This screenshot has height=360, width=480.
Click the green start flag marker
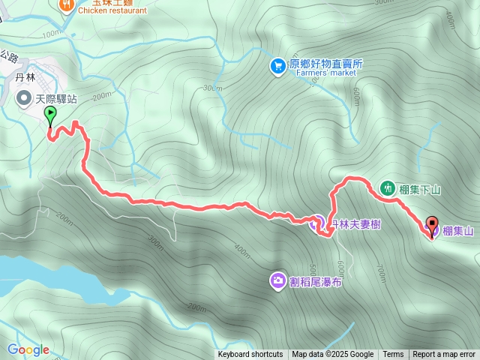click(50, 116)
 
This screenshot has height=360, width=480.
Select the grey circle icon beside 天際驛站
click(25, 97)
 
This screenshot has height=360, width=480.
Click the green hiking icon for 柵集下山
click(388, 188)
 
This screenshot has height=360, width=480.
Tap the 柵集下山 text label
click(420, 189)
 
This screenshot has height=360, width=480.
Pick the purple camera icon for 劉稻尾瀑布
click(277, 280)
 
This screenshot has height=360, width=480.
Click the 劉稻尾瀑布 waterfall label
click(316, 281)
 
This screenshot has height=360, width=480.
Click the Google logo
click(28, 349)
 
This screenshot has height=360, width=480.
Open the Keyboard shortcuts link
click(250, 355)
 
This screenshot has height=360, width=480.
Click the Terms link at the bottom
click(393, 355)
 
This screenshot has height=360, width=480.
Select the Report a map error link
click(444, 355)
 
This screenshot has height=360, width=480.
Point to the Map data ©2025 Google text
click(332, 355)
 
